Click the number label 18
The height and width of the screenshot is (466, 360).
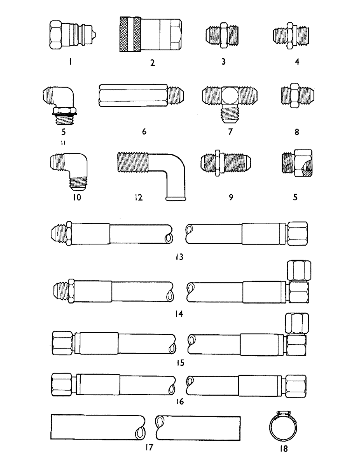point(284,449)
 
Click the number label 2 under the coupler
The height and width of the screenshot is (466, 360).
point(152,63)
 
